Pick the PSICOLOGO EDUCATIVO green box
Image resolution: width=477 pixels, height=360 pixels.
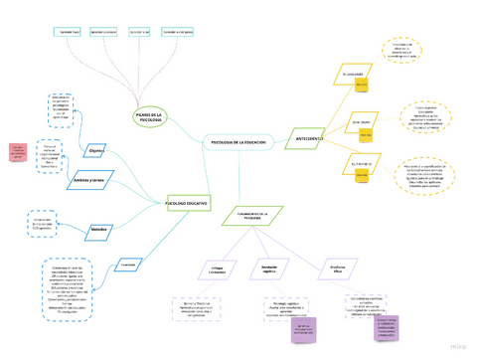pyautogui.click(x=188, y=203)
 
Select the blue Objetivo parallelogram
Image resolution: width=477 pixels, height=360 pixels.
pyautogui.click(x=96, y=151)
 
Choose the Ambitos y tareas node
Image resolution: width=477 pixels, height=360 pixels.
pyautogui.click(x=94, y=180)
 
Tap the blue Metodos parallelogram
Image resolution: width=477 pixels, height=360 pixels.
pyautogui.click(x=98, y=229)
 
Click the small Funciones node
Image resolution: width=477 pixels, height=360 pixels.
pyautogui.click(x=127, y=265)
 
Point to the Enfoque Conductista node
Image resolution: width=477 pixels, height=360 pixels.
pyautogui.click(x=218, y=270)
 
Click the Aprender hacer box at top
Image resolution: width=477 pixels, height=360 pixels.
pyautogui.click(x=69, y=32)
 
